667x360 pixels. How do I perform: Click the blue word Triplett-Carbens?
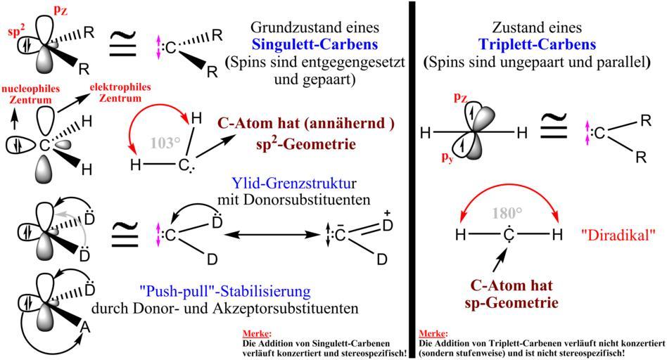pos(537,45)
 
